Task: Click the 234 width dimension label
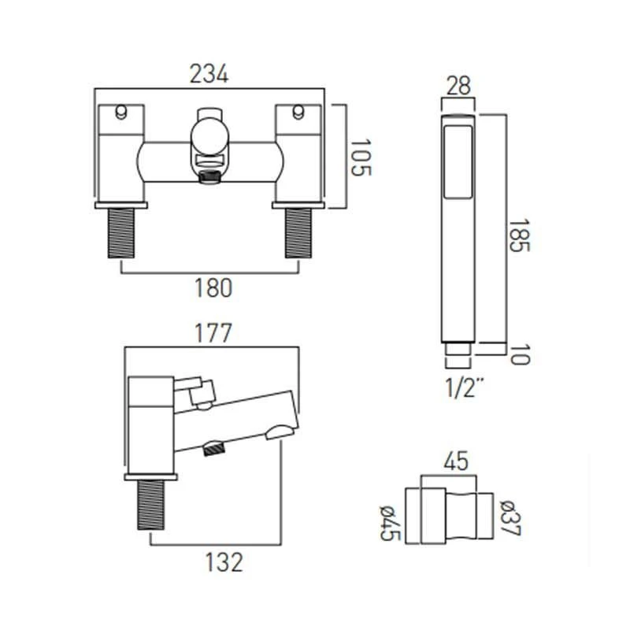click(209, 75)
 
